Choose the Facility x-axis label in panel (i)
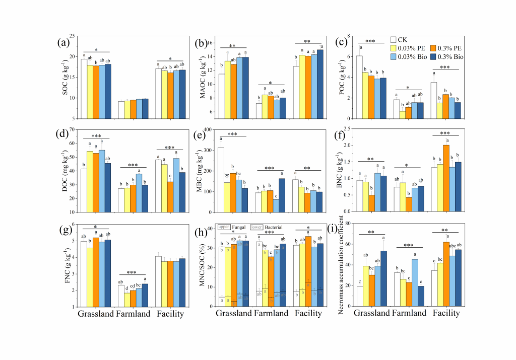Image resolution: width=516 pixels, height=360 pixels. [446, 313]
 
